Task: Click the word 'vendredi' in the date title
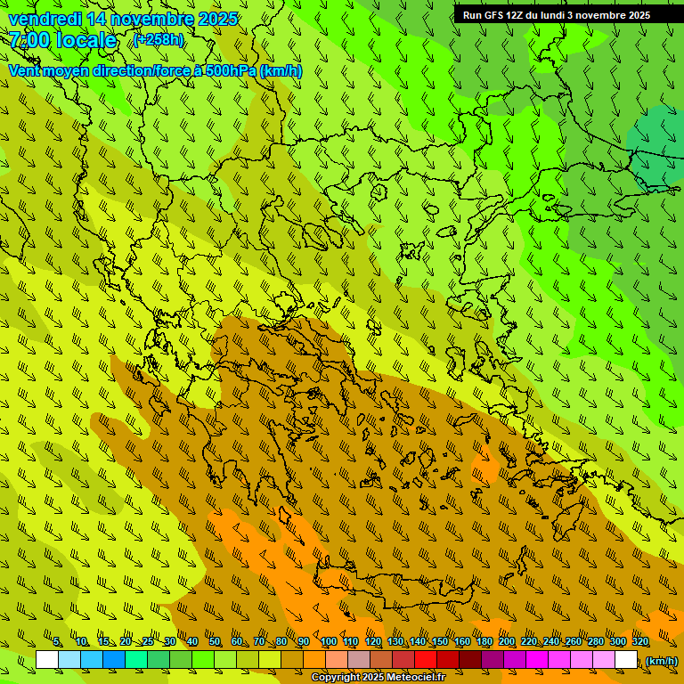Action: tap(45, 19)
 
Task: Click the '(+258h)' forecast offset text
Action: tap(158, 40)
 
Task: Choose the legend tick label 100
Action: tap(329, 642)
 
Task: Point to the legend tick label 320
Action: tap(639, 642)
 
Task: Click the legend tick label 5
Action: tap(57, 642)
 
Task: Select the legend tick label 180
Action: tap(484, 642)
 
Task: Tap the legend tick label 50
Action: tap(215, 642)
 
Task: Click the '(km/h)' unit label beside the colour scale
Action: tap(661, 661)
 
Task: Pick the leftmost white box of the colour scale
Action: tap(47, 660)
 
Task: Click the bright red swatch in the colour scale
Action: tap(426, 660)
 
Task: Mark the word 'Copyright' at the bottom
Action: tap(335, 678)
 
